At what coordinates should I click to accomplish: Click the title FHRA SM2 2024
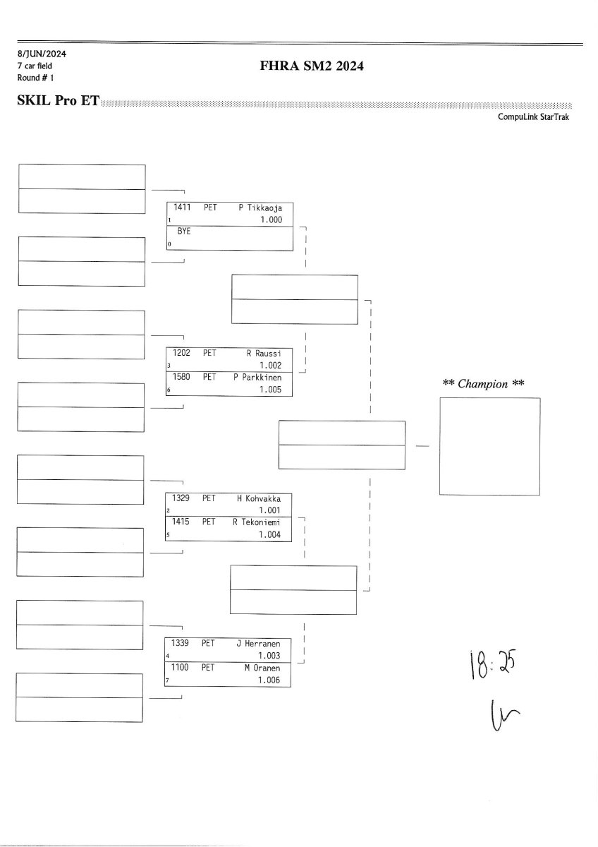[312, 66]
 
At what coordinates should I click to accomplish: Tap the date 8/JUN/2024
[42, 54]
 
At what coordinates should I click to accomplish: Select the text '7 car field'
[35, 66]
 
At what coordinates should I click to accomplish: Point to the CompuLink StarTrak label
[533, 118]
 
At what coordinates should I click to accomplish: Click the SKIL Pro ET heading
[59, 102]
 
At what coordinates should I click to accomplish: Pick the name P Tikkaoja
[260, 208]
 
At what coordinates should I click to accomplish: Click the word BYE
[184, 231]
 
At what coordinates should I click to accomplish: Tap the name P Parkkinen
[257, 378]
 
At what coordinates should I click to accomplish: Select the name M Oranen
[262, 668]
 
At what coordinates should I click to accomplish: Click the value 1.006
[269, 680]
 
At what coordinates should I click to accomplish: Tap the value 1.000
[271, 220]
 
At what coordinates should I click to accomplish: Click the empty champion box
[489, 446]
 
